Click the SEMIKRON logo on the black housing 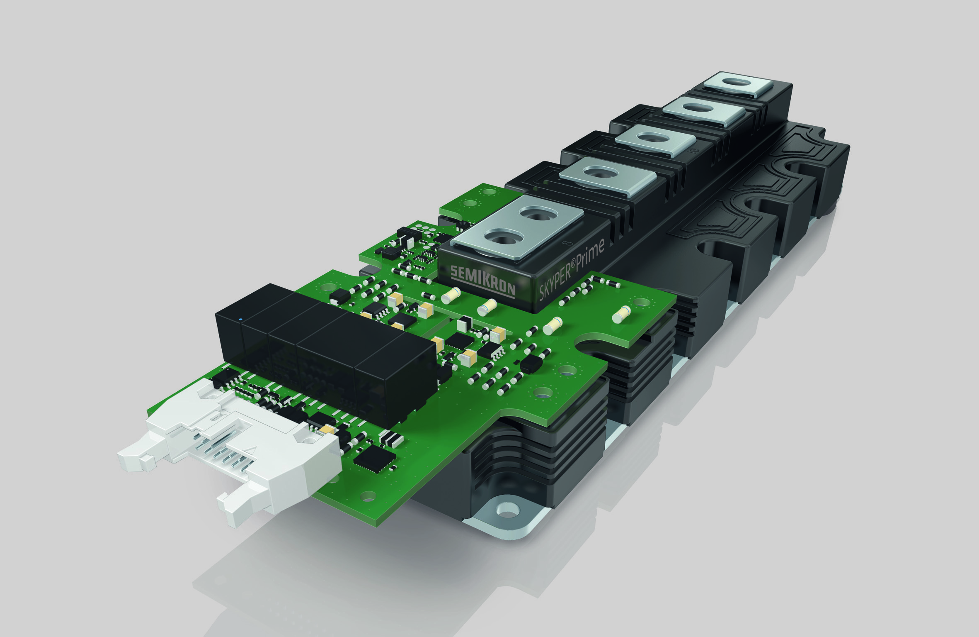(483, 279)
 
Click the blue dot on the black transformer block (240, 319)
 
